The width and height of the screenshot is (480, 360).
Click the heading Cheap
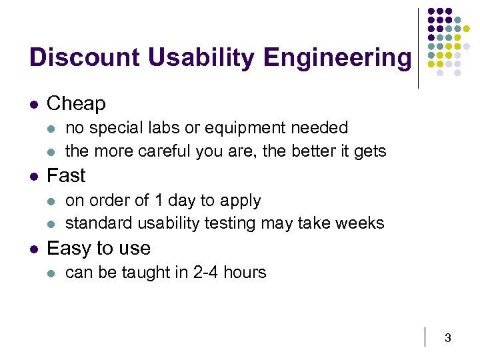coord(76,104)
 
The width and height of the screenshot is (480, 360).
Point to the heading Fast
coord(66,176)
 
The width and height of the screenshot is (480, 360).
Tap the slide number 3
coord(447,339)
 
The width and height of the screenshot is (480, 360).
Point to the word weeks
coord(361,223)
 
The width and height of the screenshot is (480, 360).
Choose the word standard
coord(92,223)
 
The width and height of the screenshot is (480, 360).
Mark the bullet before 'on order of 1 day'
coord(53,201)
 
